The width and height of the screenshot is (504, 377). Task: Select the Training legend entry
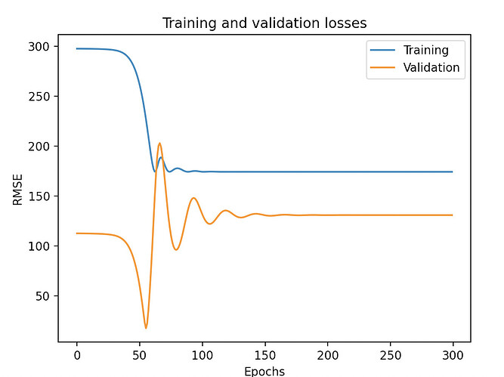[425, 51]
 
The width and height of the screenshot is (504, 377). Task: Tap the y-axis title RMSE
[17, 189]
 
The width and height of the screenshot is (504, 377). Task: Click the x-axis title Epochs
[264, 371]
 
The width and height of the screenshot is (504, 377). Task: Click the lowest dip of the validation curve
[146, 328]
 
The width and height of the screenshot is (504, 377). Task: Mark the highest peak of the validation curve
[159, 143]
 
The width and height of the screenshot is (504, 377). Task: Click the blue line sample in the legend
[381, 51]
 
